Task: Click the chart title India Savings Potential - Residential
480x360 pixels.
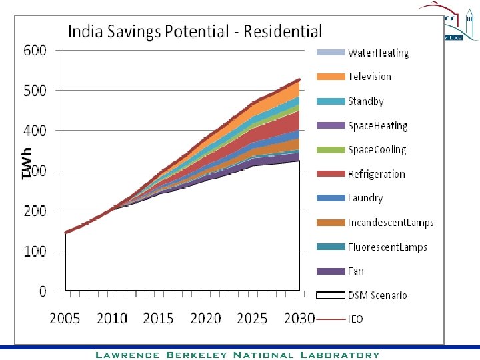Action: (x=195, y=31)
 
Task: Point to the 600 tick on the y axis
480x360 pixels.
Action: (x=35, y=51)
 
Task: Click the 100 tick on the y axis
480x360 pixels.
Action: (x=35, y=251)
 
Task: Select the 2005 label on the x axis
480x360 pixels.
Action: (x=65, y=318)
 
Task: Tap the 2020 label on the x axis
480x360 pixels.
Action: (x=206, y=318)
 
